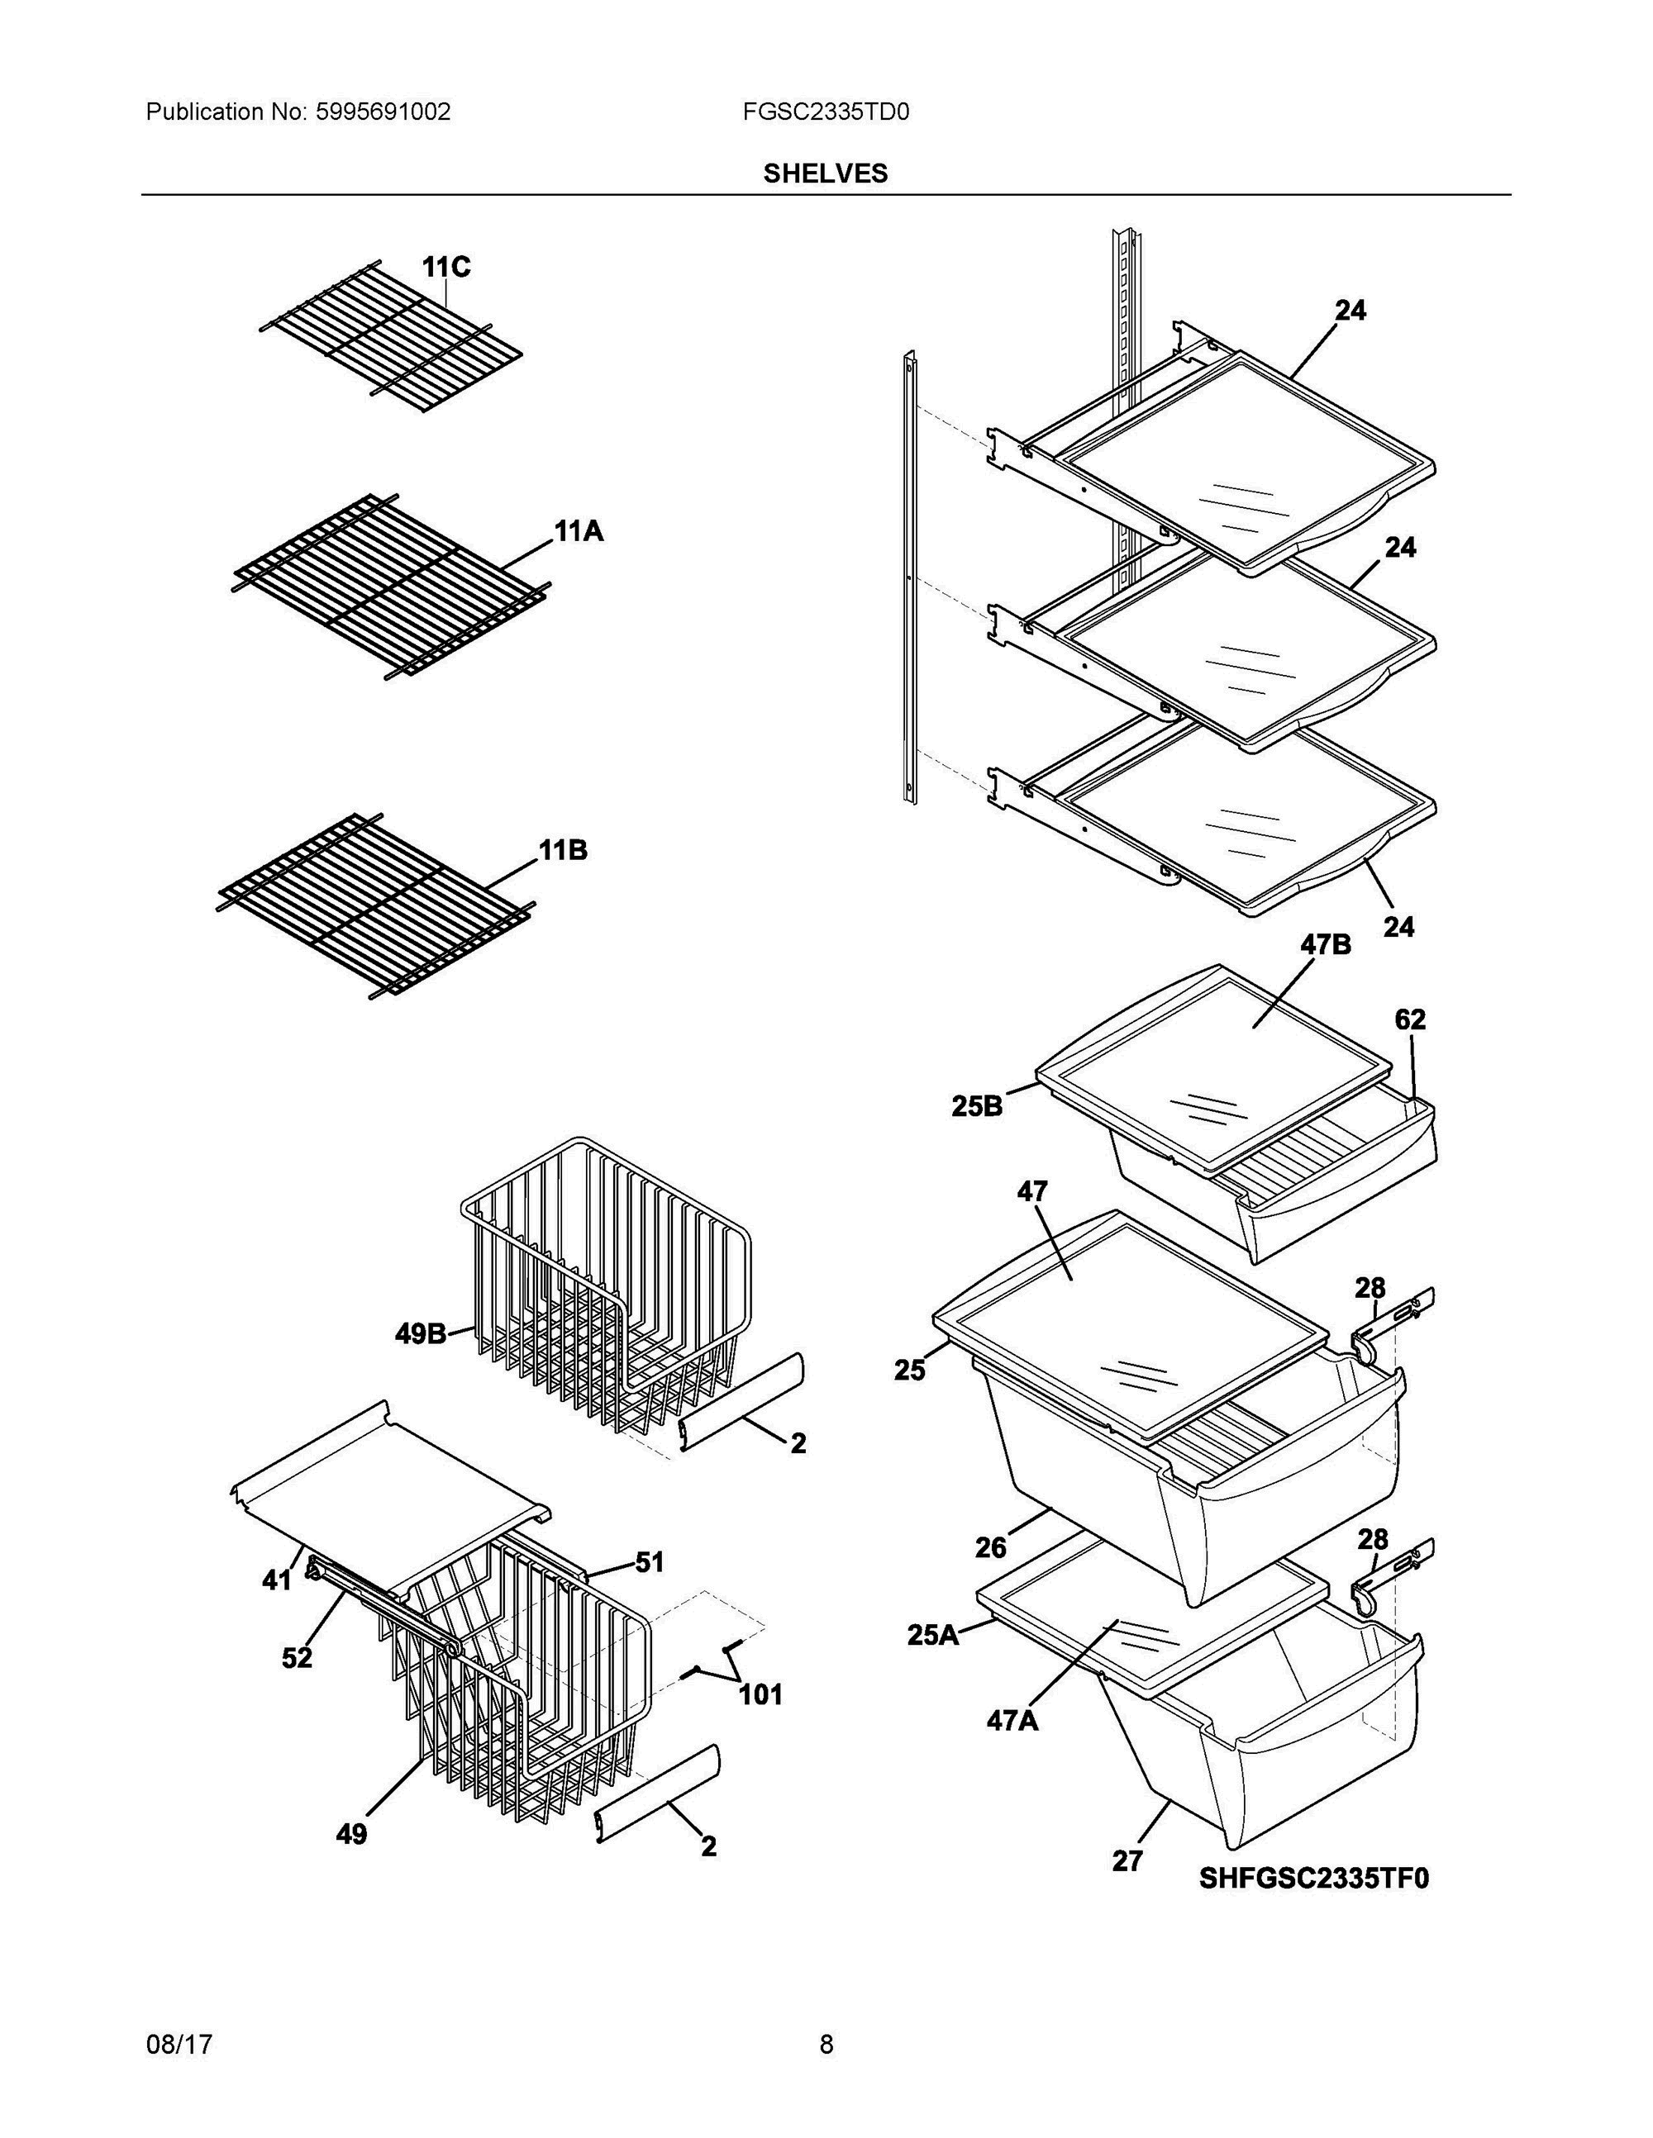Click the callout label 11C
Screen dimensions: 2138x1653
coord(445,266)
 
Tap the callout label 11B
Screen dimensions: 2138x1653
coord(563,851)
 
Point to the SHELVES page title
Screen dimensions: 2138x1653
coord(826,173)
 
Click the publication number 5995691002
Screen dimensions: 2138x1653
coord(383,112)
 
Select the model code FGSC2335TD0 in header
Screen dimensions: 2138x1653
coord(826,112)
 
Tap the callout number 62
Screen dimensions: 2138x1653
coord(1410,1019)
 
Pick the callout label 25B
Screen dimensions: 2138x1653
coord(977,1106)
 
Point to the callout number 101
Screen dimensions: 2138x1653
coord(760,1694)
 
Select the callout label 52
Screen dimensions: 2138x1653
coord(297,1657)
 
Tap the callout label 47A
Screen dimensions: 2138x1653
coord(1012,1720)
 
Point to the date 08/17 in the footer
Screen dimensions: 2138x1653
coord(179,2044)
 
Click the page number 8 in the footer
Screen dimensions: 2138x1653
coord(826,2044)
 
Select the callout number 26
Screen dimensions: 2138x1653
coord(991,1547)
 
